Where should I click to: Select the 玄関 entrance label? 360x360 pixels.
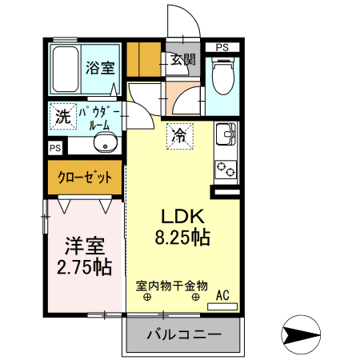(x=182, y=58)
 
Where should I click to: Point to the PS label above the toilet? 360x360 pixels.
(x=222, y=47)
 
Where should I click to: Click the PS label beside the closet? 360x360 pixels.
(x=54, y=148)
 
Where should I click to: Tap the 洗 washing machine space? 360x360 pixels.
(x=62, y=115)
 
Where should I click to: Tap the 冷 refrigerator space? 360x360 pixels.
(x=181, y=136)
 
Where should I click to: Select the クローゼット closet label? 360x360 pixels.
(x=85, y=177)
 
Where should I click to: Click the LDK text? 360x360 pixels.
(x=185, y=216)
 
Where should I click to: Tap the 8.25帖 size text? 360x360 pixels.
(x=185, y=238)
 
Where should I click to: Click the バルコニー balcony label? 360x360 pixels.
(x=183, y=334)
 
